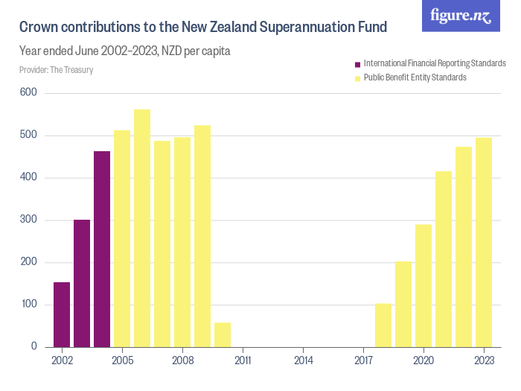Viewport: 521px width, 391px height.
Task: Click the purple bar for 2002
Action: point(62,314)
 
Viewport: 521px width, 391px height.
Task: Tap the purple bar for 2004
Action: point(102,249)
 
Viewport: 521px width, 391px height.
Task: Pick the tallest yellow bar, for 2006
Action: point(142,228)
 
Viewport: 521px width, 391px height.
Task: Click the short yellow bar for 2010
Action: point(223,335)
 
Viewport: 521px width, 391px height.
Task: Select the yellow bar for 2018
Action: point(383,325)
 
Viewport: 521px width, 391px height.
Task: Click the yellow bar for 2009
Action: point(202,235)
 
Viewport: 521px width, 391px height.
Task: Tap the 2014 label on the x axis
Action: point(303,360)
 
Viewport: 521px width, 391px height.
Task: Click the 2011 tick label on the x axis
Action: point(243,360)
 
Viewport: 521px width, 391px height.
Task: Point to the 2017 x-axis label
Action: point(363,360)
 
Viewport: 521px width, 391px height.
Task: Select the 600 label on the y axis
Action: point(29,92)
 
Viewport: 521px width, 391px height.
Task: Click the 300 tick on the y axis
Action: point(29,220)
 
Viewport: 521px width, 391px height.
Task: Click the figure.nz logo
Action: point(461,16)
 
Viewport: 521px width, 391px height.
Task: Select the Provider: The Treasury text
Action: point(56,70)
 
